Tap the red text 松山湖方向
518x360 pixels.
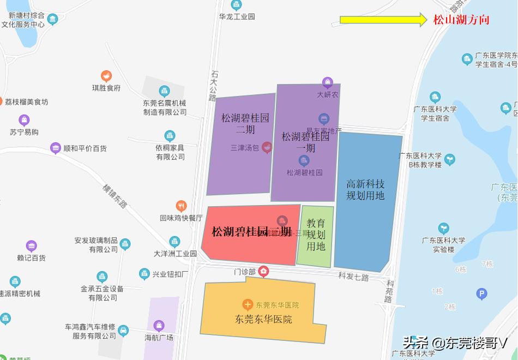click(x=461, y=20)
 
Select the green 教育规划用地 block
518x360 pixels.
click(x=316, y=235)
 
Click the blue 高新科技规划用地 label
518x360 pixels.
click(x=365, y=190)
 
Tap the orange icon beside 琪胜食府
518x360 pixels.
click(x=106, y=76)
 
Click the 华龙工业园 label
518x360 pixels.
click(x=237, y=16)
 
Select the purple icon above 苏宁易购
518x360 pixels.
click(x=24, y=120)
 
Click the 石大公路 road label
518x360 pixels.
click(x=214, y=85)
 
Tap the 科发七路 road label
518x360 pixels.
click(x=353, y=277)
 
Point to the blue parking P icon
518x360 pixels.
click(x=481, y=295)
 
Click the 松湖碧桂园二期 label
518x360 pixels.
click(x=245, y=123)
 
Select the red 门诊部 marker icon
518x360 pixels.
click(x=264, y=271)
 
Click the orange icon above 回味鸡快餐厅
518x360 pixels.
click(x=181, y=206)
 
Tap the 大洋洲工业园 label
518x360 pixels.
click(x=175, y=254)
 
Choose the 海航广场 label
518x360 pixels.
click(x=159, y=338)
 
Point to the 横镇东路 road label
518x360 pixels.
click(x=115, y=196)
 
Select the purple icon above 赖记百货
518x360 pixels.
click(x=31, y=246)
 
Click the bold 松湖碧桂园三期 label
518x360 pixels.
click(x=251, y=231)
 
